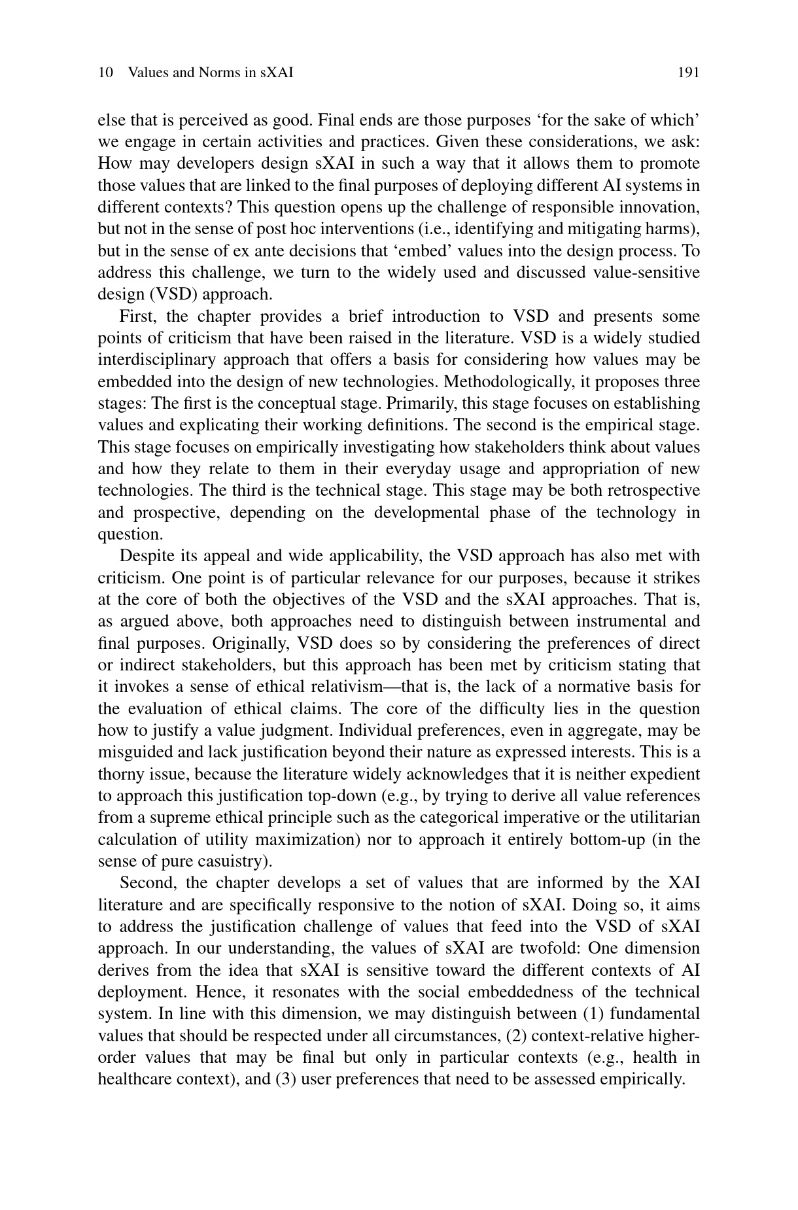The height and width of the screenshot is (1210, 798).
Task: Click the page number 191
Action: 688,73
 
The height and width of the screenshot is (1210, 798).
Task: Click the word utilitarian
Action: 663,818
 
